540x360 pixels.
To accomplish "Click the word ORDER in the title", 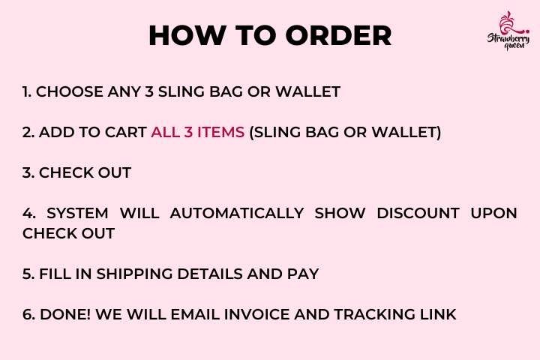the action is (x=338, y=35).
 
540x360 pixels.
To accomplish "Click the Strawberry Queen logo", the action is (x=508, y=31).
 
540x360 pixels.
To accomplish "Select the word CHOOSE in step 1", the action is (x=69, y=92).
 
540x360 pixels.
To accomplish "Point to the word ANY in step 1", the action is (x=124, y=92).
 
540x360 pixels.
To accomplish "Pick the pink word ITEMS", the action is (x=220, y=132).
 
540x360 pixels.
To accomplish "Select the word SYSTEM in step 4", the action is (x=77, y=213).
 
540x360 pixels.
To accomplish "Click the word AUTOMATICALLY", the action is (x=237, y=213).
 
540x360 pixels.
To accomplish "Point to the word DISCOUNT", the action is (x=418, y=213).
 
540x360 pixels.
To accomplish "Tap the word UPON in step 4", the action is (x=493, y=213).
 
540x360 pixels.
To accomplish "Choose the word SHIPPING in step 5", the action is (x=135, y=274).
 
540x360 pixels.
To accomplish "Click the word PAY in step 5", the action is (x=303, y=274).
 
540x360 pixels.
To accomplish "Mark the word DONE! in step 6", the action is (x=65, y=314).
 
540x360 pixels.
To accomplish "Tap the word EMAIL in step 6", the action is (x=195, y=314).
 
